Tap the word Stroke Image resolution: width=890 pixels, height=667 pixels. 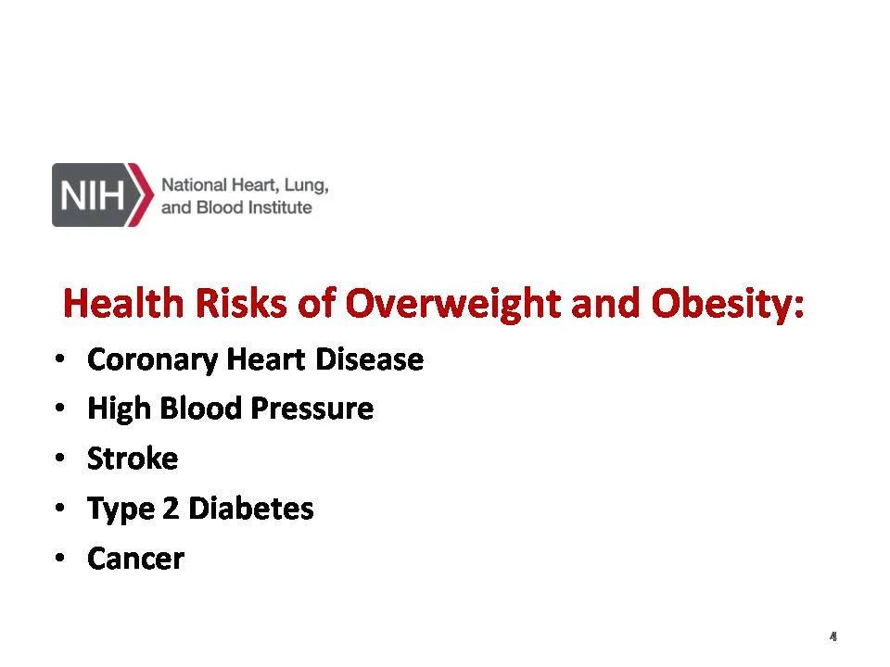[133, 459]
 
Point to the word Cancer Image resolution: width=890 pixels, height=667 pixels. [135, 559]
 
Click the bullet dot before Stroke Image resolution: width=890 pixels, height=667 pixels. [60, 459]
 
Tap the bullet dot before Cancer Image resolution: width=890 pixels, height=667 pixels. [60, 559]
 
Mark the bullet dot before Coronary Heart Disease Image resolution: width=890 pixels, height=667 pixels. [60, 359]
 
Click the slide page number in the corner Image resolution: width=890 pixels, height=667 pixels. [833, 636]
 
